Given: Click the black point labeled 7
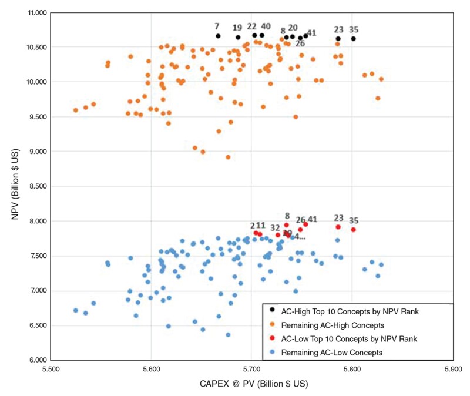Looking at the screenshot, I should tap(218, 36).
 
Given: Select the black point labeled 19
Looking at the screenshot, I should tap(238, 37).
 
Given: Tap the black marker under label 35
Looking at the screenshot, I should tap(354, 39).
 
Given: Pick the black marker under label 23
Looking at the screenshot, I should tap(338, 39).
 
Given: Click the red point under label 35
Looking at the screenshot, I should tap(354, 230).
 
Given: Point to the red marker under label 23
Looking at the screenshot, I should tap(338, 227).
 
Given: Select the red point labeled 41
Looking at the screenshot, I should tap(305, 224).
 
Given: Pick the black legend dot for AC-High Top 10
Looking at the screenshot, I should tap(271, 310).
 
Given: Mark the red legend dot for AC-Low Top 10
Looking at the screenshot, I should tap(271, 338).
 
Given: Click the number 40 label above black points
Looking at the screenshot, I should tap(266, 26).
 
